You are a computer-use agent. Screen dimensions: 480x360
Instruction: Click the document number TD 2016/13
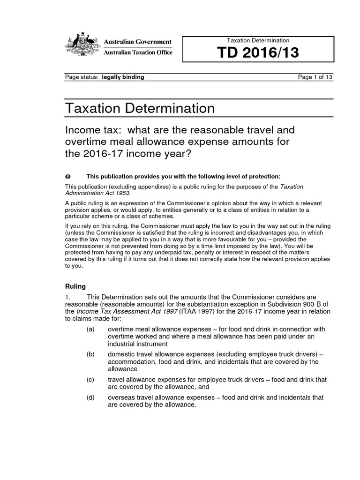(257, 54)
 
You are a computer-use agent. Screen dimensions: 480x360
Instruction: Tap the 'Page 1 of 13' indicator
(315, 77)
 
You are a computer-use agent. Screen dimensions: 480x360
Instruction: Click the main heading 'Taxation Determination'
(140, 108)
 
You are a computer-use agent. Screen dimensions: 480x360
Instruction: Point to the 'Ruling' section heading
(75, 285)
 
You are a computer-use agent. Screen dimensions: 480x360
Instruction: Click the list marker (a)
(90, 330)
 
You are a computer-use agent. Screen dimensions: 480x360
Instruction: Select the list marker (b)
(90, 354)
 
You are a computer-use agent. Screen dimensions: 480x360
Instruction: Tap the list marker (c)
(90, 380)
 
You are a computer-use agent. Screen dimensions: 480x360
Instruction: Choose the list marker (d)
(90, 397)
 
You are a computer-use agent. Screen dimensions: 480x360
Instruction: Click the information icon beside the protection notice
(67, 176)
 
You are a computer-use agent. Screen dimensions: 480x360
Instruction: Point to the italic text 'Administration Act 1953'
(97, 193)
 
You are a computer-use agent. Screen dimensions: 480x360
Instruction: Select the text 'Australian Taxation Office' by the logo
(138, 52)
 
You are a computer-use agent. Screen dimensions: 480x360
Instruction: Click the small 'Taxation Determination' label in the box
(258, 40)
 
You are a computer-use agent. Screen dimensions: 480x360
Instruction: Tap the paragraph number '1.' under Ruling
(67, 297)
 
